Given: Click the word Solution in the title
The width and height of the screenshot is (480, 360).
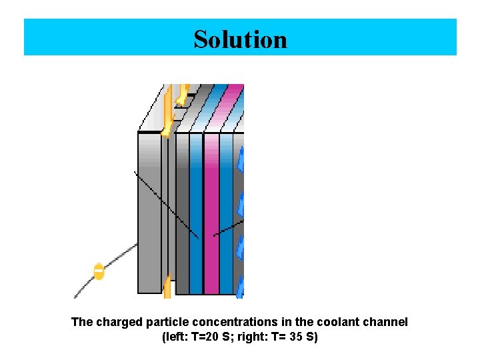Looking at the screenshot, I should coord(240,39).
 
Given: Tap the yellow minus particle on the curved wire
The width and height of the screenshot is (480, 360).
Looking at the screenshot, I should coord(99,272).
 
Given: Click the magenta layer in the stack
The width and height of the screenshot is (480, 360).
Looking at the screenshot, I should coord(211,213).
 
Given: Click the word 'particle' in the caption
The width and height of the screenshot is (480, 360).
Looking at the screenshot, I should coord(164,322).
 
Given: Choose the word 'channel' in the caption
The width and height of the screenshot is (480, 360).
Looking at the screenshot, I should coord(383,322).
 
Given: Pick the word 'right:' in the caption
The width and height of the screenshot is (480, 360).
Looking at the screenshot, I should coord(253,337).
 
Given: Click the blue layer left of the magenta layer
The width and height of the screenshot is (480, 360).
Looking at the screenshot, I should coord(195,213).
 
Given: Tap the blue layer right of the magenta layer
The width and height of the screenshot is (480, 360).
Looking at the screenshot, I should coord(227,213).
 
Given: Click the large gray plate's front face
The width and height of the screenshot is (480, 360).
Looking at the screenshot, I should coord(149,213).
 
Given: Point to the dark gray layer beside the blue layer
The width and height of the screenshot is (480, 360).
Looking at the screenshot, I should coord(181,213).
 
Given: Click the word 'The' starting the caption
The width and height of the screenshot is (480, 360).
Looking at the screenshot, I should coord(82,322).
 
